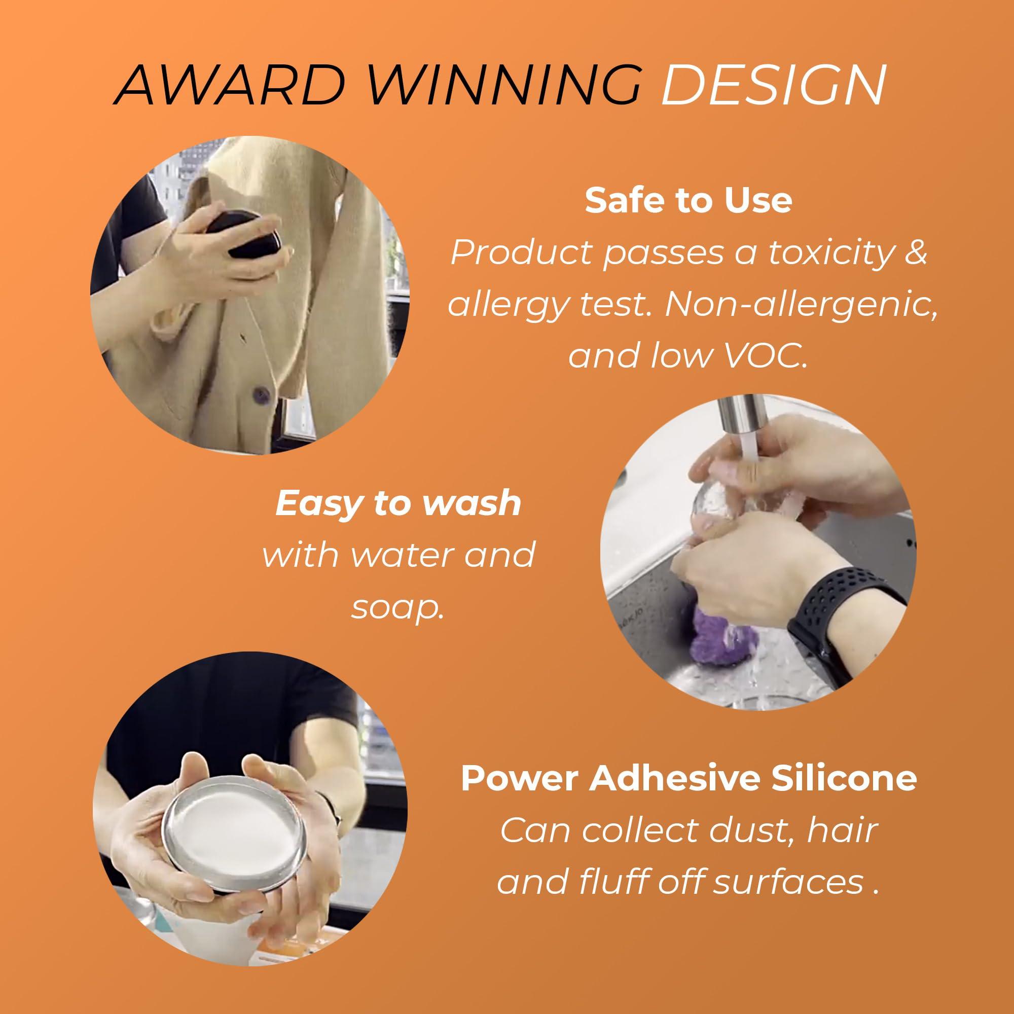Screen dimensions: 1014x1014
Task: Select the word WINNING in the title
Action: click(x=507, y=85)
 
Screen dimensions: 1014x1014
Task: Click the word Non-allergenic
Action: click(x=801, y=304)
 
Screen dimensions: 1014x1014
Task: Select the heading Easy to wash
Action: click(x=399, y=503)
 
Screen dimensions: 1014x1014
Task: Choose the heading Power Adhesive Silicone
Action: click(x=689, y=778)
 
